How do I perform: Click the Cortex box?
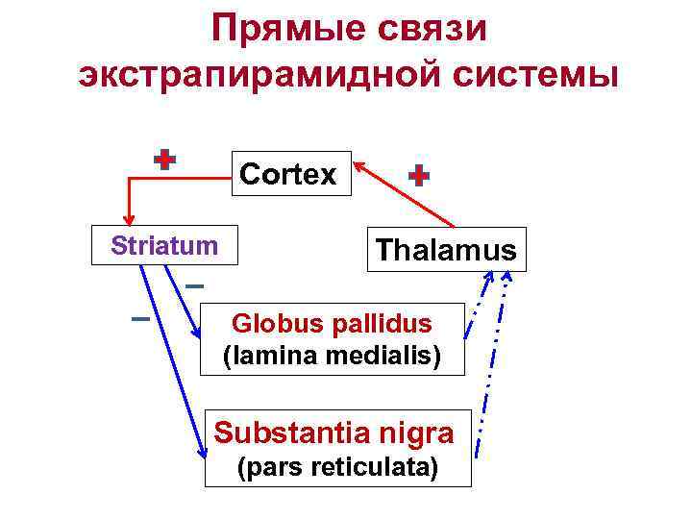point(290,174)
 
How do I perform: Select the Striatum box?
point(164,245)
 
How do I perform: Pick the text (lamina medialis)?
point(333,356)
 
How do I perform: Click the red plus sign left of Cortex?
point(165,161)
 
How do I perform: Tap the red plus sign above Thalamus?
point(419,176)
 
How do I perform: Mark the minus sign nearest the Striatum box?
point(194,286)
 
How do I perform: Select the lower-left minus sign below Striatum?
point(140,318)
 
